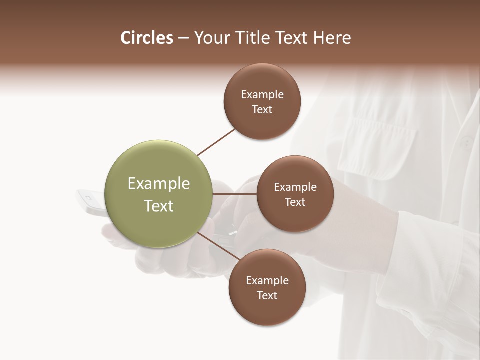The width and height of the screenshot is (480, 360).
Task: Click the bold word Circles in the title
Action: tap(146, 38)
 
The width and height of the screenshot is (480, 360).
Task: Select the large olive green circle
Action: tap(159, 194)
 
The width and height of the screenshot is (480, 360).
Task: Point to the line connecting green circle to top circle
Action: tap(216, 142)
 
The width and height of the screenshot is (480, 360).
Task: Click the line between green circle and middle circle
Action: tap(235, 194)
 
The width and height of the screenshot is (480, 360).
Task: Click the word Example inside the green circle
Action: tap(159, 184)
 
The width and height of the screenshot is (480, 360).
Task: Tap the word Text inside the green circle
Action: tap(159, 206)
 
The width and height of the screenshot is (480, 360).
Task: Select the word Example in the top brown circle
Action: tap(262, 94)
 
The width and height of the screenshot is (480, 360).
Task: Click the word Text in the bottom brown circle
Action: tap(267, 295)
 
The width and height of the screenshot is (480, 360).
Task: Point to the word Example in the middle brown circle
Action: tap(295, 187)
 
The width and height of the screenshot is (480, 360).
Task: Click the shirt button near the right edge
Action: tap(466, 144)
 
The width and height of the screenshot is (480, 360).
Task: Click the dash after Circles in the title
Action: tap(183, 38)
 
